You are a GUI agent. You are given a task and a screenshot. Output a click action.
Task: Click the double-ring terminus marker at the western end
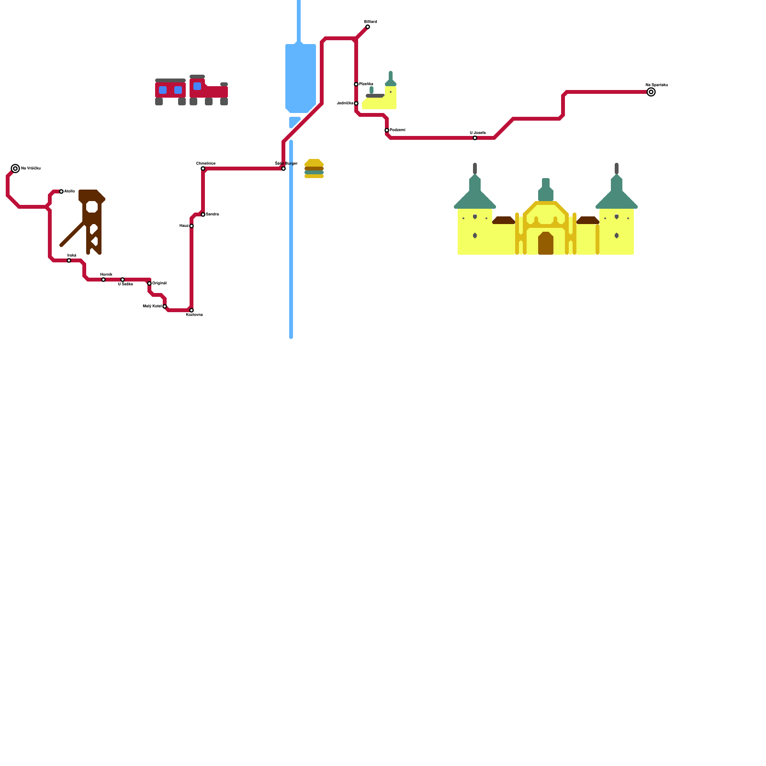(x=15, y=169)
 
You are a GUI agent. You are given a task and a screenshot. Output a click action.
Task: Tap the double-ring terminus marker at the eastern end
(x=651, y=92)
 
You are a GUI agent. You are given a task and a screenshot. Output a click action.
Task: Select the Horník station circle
(x=103, y=280)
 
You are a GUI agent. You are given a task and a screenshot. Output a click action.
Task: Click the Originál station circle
(x=149, y=283)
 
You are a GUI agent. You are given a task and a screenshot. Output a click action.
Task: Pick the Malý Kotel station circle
(x=165, y=306)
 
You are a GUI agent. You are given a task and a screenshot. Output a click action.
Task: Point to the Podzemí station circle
(x=387, y=130)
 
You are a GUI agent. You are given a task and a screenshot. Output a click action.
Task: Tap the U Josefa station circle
(x=475, y=138)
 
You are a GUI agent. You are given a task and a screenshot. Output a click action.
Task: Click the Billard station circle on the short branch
(x=368, y=27)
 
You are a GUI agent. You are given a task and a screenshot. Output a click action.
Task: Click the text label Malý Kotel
(x=152, y=306)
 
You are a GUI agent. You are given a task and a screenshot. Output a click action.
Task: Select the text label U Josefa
(x=478, y=133)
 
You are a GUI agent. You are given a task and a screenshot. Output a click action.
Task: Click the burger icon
(x=314, y=169)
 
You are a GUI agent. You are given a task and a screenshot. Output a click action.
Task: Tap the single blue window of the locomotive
(x=197, y=86)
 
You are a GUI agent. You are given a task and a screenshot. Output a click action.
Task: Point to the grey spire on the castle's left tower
(x=475, y=169)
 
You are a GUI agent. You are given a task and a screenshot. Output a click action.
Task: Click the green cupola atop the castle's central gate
(x=546, y=191)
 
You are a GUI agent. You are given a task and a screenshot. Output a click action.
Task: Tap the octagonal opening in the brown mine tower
(x=92, y=207)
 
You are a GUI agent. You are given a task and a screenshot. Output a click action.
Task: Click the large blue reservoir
(x=301, y=78)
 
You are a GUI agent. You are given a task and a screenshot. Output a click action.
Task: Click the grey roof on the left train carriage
(x=170, y=80)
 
